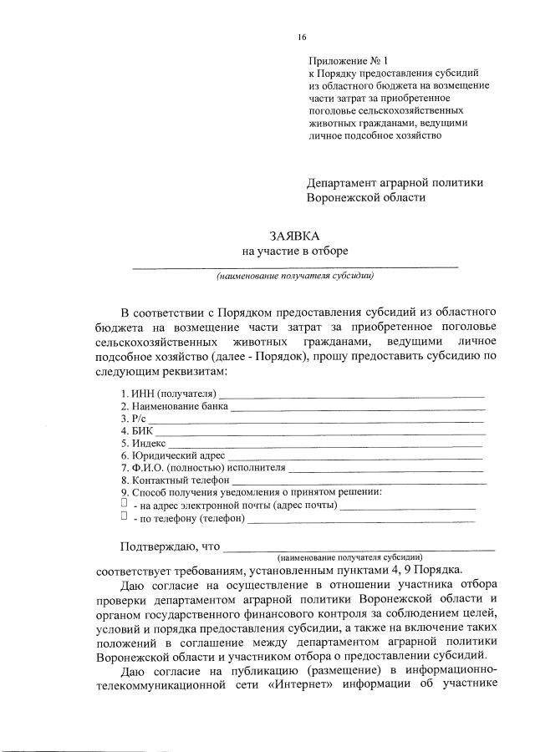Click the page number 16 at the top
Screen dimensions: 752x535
click(302, 37)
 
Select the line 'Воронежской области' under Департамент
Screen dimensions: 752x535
click(366, 198)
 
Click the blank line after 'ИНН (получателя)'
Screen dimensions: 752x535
click(351, 394)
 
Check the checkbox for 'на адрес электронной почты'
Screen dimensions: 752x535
click(124, 504)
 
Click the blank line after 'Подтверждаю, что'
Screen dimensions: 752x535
click(359, 547)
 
